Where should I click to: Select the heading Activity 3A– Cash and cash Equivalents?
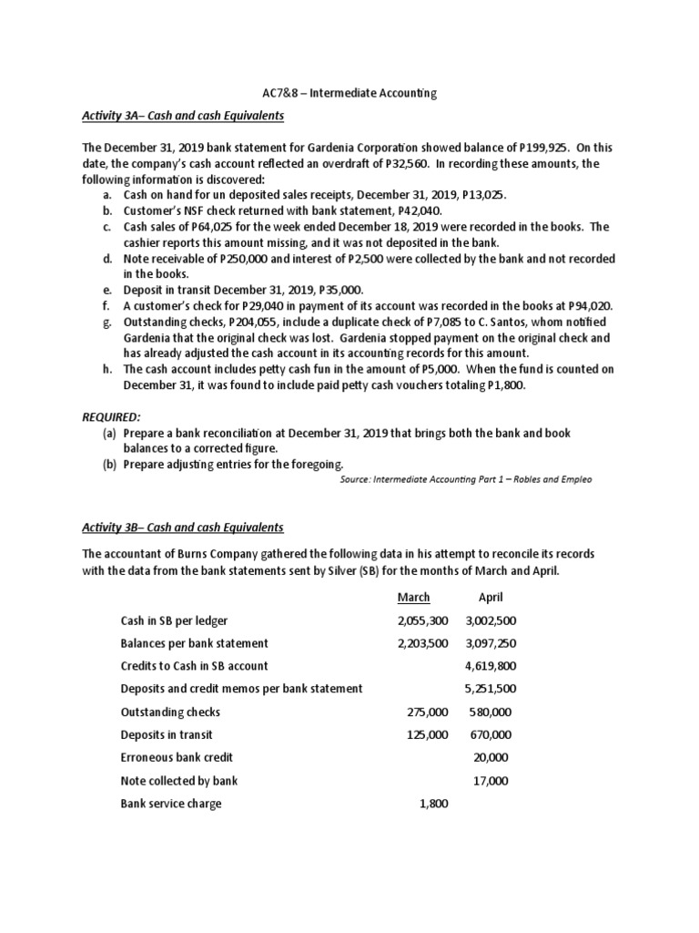click(183, 117)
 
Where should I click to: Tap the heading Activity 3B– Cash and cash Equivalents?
click(183, 528)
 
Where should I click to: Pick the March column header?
click(414, 598)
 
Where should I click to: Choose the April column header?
click(491, 598)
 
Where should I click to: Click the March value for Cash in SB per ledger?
click(422, 620)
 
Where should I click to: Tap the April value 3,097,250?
click(491, 642)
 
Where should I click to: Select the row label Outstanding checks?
click(170, 712)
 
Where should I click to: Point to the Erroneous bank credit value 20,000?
click(491, 757)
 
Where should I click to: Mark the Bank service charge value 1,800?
click(432, 804)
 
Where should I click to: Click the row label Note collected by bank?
click(179, 781)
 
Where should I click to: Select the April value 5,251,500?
click(491, 688)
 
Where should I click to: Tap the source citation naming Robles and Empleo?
click(464, 479)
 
